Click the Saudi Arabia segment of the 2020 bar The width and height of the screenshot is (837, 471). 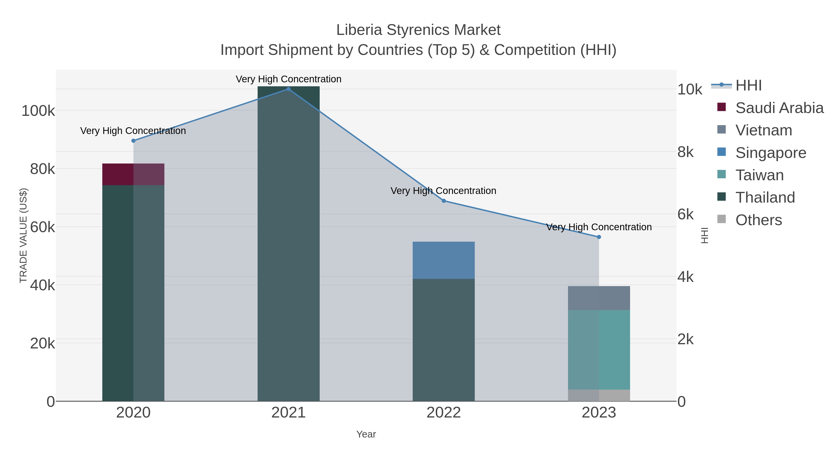[133, 174]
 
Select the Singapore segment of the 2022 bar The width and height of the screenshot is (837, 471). [444, 260]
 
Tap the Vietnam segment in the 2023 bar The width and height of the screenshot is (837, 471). [599, 298]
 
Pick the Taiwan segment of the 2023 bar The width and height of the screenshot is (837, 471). [599, 350]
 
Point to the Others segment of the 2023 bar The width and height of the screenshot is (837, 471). [599, 395]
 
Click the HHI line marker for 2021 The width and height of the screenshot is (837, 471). [288, 89]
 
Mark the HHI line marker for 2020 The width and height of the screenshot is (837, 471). [133, 141]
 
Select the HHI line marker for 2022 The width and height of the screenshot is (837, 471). [444, 201]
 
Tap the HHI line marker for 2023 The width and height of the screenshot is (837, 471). [599, 237]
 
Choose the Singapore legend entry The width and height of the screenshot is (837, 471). [771, 153]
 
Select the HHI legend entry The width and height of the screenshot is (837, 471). [748, 86]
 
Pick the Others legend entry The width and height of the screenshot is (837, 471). [758, 220]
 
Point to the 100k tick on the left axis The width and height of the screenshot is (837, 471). [38, 111]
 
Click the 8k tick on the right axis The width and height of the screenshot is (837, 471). [686, 152]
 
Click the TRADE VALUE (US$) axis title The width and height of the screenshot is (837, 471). [23, 235]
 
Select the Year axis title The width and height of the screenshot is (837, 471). [366, 434]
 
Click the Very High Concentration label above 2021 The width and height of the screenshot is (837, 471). [289, 79]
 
